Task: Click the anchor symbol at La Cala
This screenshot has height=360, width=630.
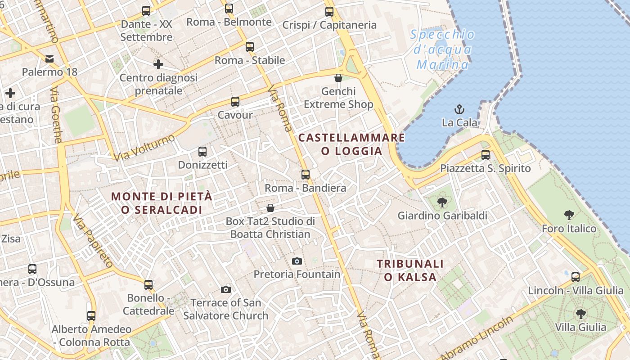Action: tap(459, 109)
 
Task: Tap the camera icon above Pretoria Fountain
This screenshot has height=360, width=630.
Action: tap(297, 261)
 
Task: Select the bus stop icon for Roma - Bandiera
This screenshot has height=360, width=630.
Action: tap(306, 174)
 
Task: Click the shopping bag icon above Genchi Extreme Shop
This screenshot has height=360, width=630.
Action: tap(338, 78)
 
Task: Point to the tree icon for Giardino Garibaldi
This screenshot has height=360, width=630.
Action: tap(442, 202)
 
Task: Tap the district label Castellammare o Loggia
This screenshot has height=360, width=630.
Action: tap(351, 144)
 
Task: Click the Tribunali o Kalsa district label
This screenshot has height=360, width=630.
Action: tap(410, 270)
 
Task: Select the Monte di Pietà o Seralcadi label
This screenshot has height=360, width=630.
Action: tap(162, 203)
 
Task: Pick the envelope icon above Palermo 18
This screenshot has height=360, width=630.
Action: tap(49, 58)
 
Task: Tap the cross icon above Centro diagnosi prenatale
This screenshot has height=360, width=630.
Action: tap(158, 64)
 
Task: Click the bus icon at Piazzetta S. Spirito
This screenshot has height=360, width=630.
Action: tap(485, 155)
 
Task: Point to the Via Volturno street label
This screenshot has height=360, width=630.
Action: tap(144, 148)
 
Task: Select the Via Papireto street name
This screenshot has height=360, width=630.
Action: tap(93, 241)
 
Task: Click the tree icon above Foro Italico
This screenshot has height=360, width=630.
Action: tap(569, 215)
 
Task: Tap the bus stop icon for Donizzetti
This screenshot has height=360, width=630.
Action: tap(202, 152)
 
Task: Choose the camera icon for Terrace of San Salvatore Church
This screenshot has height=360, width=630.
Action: tap(226, 289)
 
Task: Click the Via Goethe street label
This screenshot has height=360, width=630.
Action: tap(56, 115)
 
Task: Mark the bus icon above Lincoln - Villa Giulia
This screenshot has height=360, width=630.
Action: tap(575, 277)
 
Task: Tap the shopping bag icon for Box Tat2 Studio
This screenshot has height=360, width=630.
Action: tap(270, 208)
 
